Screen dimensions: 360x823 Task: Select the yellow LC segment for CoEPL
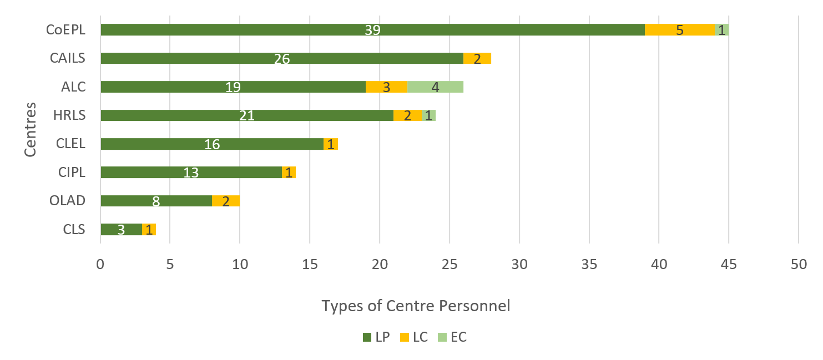(x=679, y=30)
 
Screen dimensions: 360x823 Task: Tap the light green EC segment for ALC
(x=435, y=87)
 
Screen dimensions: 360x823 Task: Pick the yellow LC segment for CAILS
(x=477, y=58)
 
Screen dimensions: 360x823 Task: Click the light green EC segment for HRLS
(x=428, y=115)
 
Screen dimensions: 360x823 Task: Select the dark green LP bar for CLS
(x=121, y=230)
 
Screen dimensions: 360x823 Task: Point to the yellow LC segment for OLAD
(x=225, y=201)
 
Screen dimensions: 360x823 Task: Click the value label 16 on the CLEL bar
(x=212, y=144)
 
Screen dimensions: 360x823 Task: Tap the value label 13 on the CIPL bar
(x=191, y=173)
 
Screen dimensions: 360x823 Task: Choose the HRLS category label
(x=69, y=115)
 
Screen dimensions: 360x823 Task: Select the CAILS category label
(x=68, y=58)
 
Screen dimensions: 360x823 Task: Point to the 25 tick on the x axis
(x=449, y=265)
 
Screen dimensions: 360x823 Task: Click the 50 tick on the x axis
(x=798, y=265)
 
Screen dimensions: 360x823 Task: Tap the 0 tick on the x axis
(x=100, y=265)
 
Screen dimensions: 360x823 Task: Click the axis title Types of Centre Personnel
(x=415, y=306)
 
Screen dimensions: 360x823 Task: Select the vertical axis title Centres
(x=32, y=129)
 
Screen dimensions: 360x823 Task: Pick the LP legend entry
(x=376, y=337)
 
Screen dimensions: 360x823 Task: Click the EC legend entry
(x=452, y=337)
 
